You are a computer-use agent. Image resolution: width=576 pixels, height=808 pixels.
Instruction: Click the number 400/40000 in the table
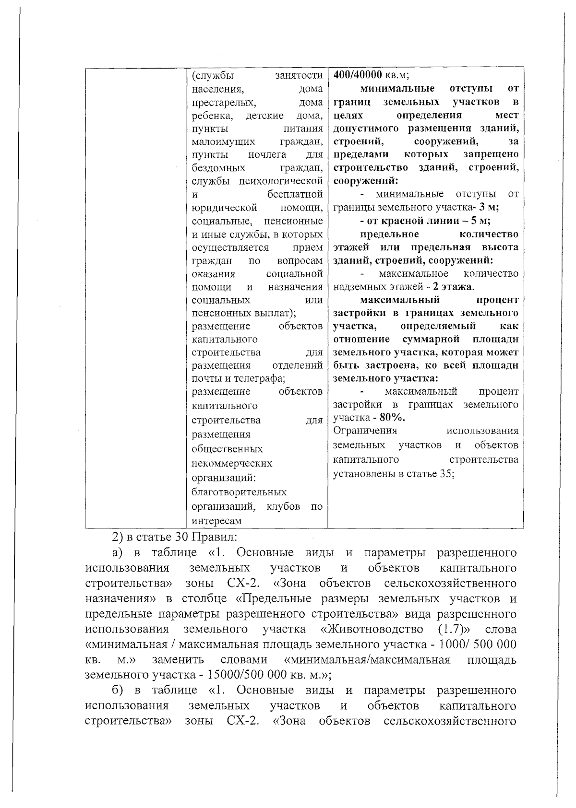coord(358,75)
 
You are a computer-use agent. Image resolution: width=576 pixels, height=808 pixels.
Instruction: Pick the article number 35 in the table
coord(445,474)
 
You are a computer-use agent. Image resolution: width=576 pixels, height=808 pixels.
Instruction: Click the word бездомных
coord(218,168)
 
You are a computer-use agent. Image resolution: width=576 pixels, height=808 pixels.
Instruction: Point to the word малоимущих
coord(223,141)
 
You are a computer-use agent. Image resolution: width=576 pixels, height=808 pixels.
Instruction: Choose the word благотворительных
coord(239,492)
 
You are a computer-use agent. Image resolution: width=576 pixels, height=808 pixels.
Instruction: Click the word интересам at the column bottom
coord(216,521)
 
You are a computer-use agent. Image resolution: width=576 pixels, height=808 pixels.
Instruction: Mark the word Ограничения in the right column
coord(365,430)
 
